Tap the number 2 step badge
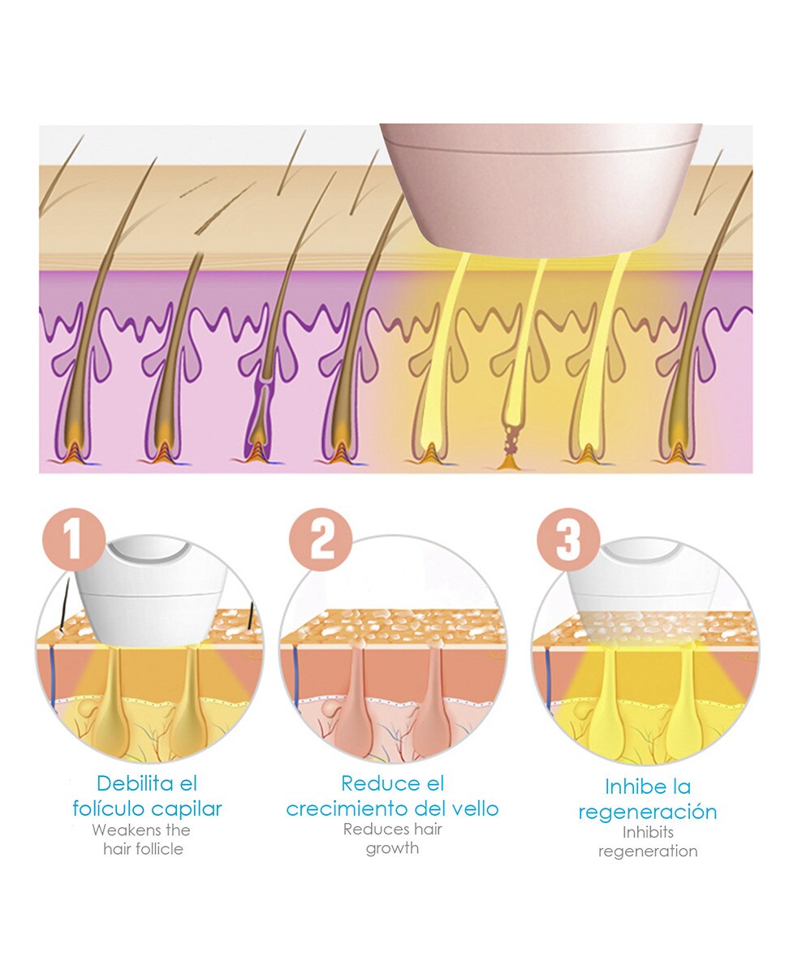(x=322, y=539)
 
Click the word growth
(x=392, y=848)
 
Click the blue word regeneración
(x=647, y=812)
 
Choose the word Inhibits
(x=648, y=831)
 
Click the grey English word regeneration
(x=648, y=851)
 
